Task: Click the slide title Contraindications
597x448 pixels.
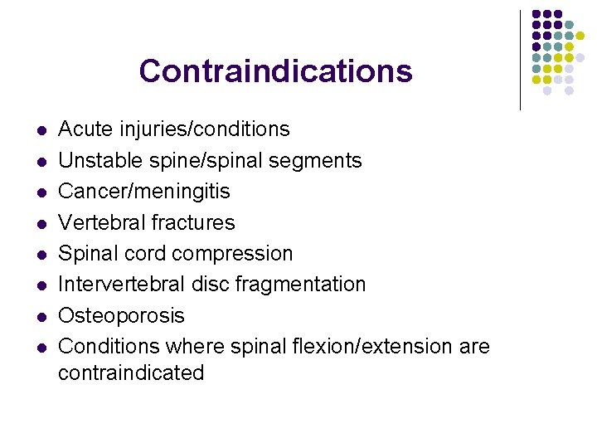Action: [275, 71]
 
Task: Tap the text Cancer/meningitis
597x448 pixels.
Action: [144, 192]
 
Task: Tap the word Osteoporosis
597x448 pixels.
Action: [121, 315]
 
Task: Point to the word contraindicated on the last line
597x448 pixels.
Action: [131, 373]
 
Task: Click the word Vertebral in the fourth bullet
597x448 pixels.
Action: [101, 222]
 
